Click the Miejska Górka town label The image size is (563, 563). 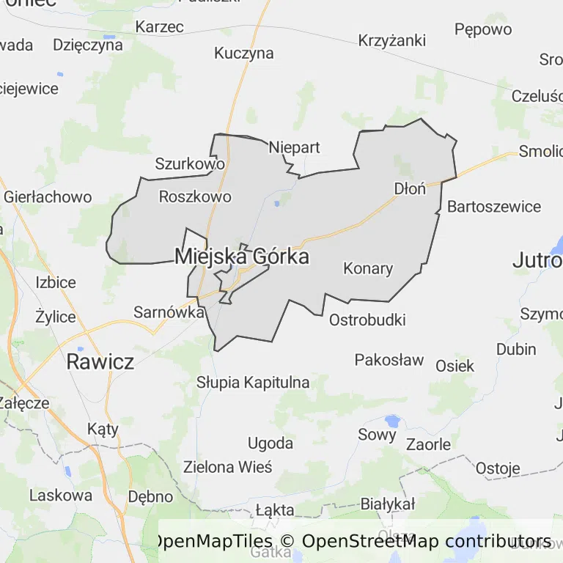[241, 257]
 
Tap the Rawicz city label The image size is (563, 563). [100, 361]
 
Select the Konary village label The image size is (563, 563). [368, 268]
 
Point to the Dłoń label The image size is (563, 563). [410, 188]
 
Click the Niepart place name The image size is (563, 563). [294, 147]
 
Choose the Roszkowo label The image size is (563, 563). [195, 196]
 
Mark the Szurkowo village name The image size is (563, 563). [190, 164]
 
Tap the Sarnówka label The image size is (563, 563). [169, 312]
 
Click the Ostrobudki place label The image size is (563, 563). [367, 320]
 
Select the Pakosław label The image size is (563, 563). [389, 360]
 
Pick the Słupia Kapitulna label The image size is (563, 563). [253, 383]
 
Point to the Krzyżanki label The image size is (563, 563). [391, 41]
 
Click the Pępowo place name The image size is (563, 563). [483, 29]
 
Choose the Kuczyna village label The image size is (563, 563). [244, 53]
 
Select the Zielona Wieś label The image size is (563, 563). [227, 467]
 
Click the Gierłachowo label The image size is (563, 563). [48, 197]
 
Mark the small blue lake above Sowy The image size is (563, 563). [392, 422]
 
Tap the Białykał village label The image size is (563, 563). [388, 504]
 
